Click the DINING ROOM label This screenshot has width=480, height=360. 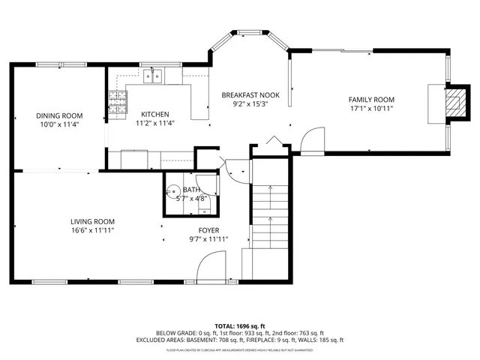tap(59, 115)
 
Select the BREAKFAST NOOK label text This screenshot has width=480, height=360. tap(250, 95)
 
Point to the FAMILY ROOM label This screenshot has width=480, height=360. tap(371, 100)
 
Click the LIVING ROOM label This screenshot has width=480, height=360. tap(92, 221)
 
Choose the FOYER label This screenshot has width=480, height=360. tap(208, 230)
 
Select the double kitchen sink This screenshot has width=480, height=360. tap(155, 75)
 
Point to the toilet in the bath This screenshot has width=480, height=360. tap(173, 192)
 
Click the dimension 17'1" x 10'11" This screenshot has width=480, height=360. tap(371, 109)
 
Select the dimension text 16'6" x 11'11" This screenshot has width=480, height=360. tap(92, 230)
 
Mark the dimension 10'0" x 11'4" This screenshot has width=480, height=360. tap(59, 124)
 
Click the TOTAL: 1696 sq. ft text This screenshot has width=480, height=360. tap(239, 326)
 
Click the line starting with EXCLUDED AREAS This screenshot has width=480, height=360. tap(239, 341)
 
